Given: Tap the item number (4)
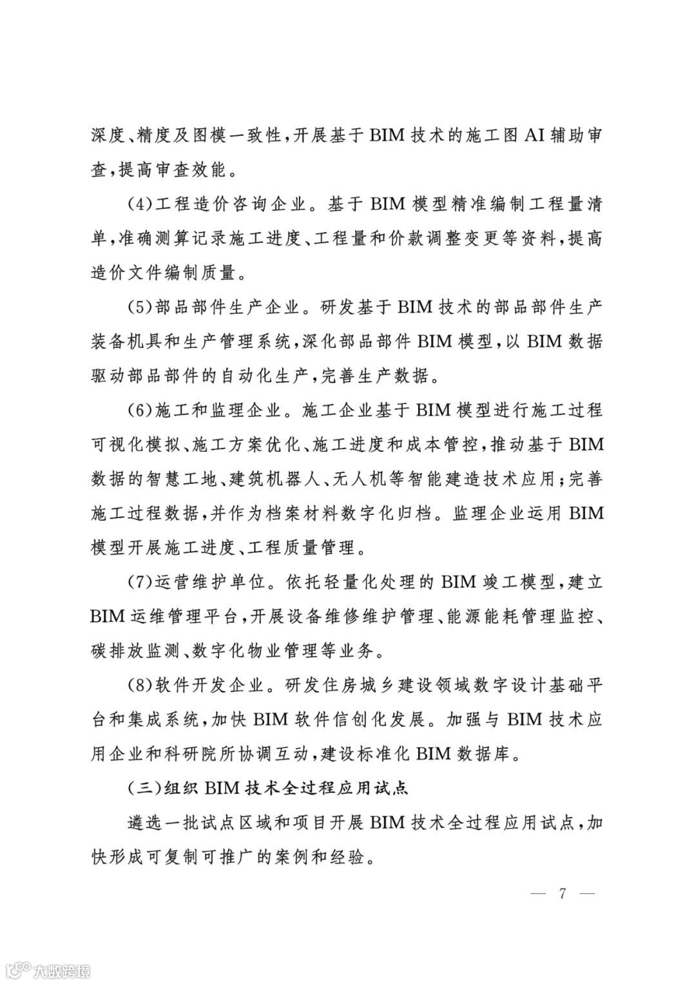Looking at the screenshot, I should click(137, 205).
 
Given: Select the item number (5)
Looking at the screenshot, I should click(137, 307).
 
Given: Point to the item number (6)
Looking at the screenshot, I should click(137, 409).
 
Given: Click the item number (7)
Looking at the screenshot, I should click(137, 582).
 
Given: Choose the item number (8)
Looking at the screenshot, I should click(137, 684).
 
